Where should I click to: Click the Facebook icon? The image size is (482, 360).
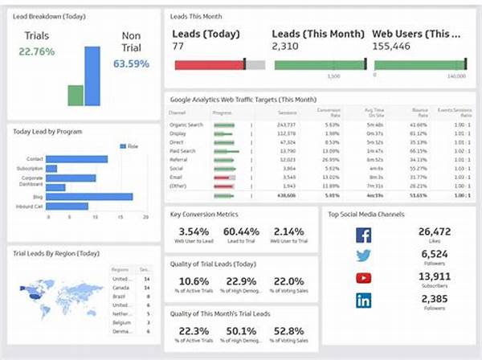pyautogui.click(x=363, y=235)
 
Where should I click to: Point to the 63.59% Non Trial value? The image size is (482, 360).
pyautogui.click(x=131, y=63)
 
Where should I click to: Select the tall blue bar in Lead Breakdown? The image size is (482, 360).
pyautogui.click(x=92, y=76)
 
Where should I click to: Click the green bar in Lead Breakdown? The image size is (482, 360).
pyautogui.click(x=76, y=95)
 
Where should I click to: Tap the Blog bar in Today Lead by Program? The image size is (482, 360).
pyautogui.click(x=89, y=196)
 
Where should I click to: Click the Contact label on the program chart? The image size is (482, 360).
pyautogui.click(x=34, y=159)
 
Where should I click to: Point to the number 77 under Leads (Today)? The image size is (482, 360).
pyautogui.click(x=178, y=47)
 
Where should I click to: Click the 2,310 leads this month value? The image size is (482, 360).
pyautogui.click(x=286, y=47)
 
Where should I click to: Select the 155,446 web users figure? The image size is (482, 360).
pyautogui.click(x=391, y=47)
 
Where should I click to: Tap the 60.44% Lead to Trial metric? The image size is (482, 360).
pyautogui.click(x=240, y=232)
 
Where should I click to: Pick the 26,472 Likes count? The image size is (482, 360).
pyautogui.click(x=434, y=232)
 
